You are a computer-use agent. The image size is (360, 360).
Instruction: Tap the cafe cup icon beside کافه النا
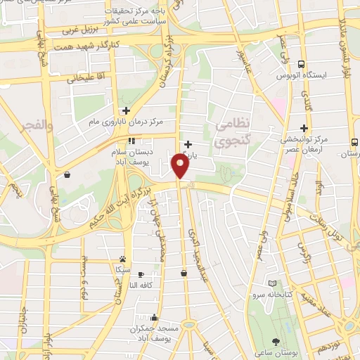tap(141, 274)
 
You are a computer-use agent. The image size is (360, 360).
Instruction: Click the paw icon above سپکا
tap(123, 259)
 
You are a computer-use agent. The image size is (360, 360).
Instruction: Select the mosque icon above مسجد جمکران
tap(154, 317)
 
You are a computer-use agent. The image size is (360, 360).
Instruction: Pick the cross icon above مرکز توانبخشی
tap(304, 127)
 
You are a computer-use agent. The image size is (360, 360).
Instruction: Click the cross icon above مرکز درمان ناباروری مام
tap(126, 110)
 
